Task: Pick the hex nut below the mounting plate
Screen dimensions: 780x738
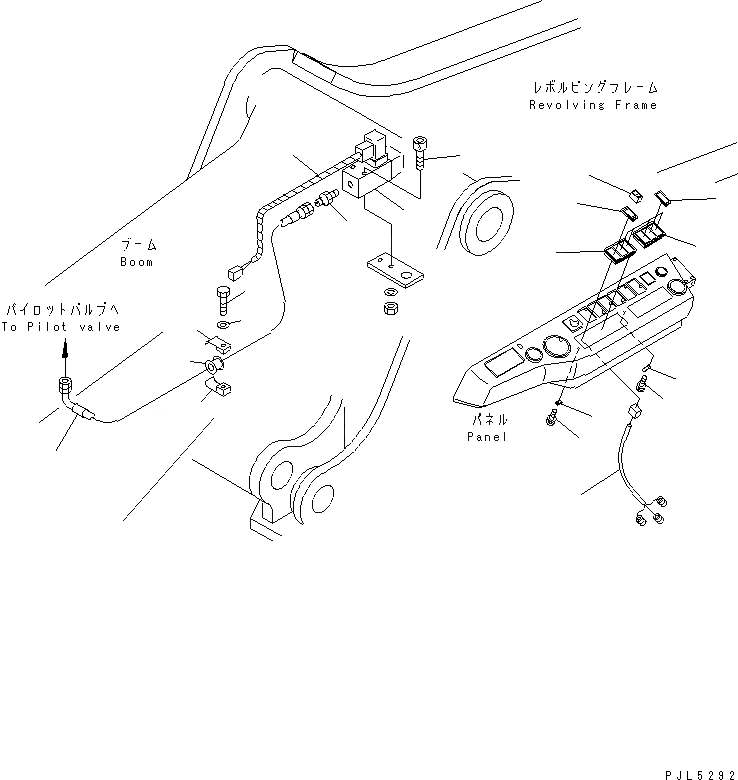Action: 390,305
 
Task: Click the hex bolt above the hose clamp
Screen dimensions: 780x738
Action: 223,297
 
